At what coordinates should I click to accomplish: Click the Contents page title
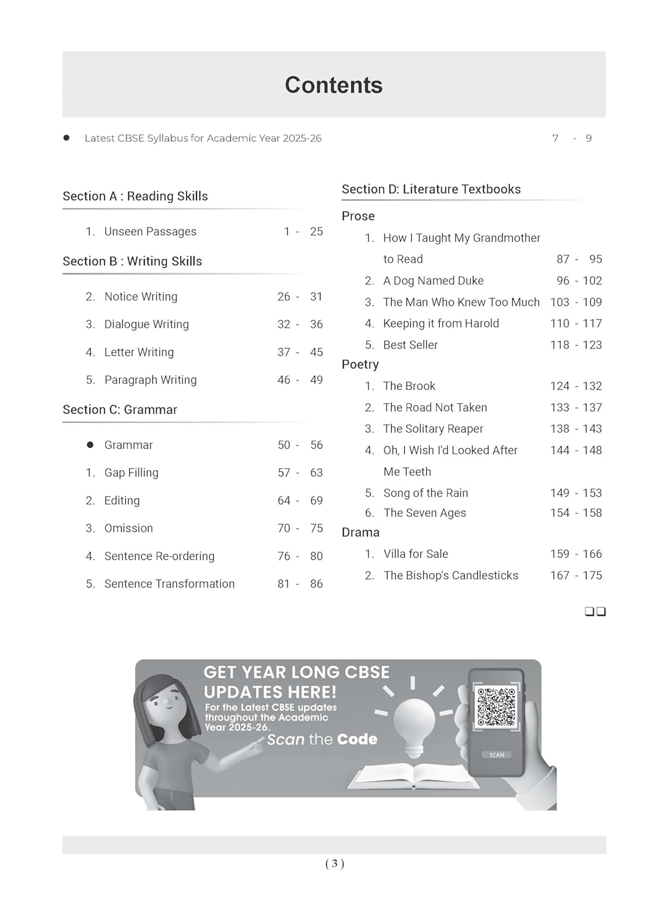(x=333, y=85)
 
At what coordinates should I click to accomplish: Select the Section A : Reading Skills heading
(x=135, y=196)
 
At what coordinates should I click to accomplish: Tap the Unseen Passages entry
(x=150, y=232)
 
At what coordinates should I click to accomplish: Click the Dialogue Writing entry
(x=146, y=325)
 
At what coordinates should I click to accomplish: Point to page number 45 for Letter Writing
(x=316, y=352)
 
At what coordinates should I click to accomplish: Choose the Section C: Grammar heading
(x=120, y=410)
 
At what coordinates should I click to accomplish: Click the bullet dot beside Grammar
(x=90, y=445)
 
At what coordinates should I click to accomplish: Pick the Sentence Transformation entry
(x=169, y=584)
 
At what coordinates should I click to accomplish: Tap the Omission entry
(x=128, y=529)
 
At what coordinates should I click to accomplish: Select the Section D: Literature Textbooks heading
(x=431, y=189)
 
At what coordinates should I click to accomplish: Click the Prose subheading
(x=358, y=216)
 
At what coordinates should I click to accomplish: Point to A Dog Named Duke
(x=433, y=281)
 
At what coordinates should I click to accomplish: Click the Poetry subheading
(x=360, y=364)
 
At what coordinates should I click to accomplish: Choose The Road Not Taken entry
(x=435, y=408)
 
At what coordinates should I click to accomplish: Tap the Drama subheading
(x=360, y=532)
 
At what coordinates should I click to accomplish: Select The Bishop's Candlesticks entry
(x=451, y=576)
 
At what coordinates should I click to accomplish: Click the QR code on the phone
(x=496, y=706)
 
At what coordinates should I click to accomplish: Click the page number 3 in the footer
(x=335, y=864)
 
